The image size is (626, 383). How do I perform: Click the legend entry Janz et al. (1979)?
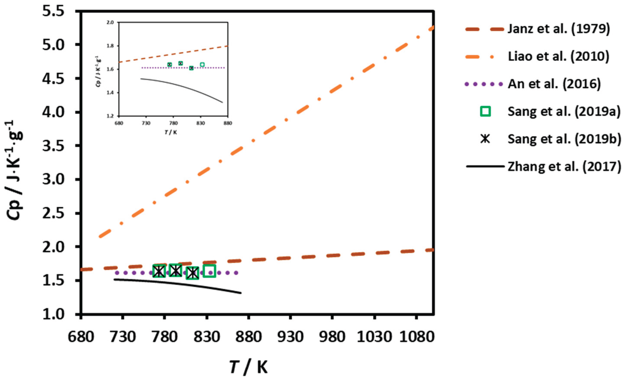558,29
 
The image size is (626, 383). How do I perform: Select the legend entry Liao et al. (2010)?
558,57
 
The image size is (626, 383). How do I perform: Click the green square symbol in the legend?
485,111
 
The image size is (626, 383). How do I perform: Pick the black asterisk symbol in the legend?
485,139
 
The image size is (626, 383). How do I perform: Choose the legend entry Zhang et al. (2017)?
564,166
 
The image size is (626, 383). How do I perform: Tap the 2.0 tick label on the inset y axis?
113,22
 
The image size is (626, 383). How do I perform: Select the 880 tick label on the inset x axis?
228,123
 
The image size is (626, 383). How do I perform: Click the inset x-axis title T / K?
171,132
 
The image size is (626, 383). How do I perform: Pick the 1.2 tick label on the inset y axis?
113,116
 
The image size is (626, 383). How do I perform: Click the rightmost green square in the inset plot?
202,65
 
